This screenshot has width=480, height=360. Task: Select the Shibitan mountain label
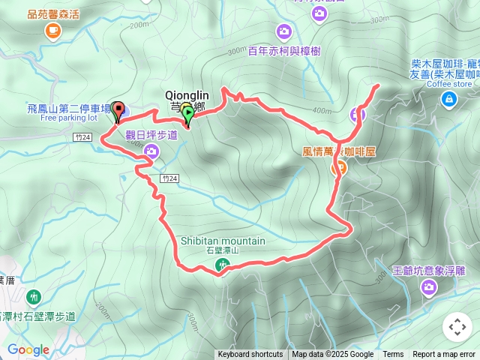(223, 241)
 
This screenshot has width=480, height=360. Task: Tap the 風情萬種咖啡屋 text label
(338, 151)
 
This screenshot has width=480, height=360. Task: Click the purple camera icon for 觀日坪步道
(151, 152)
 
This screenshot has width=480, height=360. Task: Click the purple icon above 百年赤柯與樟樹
(283, 31)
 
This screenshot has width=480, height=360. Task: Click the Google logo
(28, 349)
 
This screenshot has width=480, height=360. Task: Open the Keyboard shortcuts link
(250, 355)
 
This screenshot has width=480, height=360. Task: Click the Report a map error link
(444, 355)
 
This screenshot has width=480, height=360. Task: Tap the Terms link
(393, 355)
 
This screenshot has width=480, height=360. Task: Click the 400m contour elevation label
(322, 111)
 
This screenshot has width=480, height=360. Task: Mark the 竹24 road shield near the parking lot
(83, 137)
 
